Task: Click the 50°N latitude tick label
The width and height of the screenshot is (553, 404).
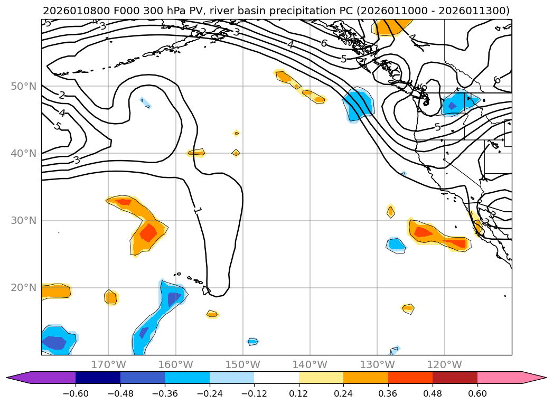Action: (x=23, y=86)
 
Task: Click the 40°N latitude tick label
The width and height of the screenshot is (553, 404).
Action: (x=23, y=153)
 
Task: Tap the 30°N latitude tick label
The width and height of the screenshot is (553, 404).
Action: (x=23, y=220)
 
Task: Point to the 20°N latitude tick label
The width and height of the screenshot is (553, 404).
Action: (x=23, y=288)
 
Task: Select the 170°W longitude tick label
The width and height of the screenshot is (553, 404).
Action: (x=108, y=364)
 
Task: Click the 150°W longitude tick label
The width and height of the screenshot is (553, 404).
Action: (x=242, y=364)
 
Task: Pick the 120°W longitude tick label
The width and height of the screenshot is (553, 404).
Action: (x=444, y=364)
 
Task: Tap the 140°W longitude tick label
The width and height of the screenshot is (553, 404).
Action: (x=310, y=364)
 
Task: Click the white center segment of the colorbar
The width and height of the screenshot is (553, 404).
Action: (x=276, y=377)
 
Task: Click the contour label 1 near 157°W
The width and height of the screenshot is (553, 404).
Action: (x=197, y=210)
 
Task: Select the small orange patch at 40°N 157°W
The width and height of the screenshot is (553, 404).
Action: (x=196, y=153)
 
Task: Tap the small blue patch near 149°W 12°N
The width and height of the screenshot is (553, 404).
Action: (x=252, y=342)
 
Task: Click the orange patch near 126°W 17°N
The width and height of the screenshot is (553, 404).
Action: (x=408, y=308)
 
